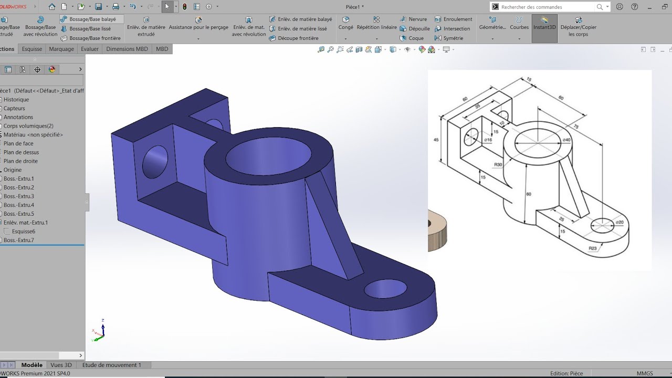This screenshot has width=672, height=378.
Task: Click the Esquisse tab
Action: click(x=32, y=49)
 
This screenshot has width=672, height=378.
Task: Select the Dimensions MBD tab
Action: click(x=127, y=49)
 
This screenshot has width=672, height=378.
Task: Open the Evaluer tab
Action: click(x=90, y=49)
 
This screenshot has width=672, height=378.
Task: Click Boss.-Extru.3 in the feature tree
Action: click(x=19, y=196)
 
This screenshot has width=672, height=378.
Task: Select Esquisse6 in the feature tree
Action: click(x=24, y=232)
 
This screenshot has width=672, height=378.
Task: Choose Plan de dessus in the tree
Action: click(x=21, y=152)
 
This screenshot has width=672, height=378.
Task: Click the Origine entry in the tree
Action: click(x=13, y=170)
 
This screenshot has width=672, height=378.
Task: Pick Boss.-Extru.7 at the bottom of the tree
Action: click(x=19, y=240)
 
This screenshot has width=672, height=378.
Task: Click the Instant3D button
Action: click(x=544, y=27)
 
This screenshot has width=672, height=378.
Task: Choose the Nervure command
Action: click(x=418, y=19)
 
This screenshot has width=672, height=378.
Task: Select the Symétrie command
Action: click(x=453, y=38)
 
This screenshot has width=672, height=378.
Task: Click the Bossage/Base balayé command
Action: click(x=92, y=19)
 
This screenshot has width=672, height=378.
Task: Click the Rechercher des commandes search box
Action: click(x=546, y=7)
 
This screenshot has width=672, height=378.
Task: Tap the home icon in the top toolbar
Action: click(x=51, y=7)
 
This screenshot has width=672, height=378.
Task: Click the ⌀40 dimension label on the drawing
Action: click(x=566, y=140)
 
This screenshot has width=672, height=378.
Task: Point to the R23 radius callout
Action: click(x=593, y=248)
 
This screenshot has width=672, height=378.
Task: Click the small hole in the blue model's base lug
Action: click(x=385, y=289)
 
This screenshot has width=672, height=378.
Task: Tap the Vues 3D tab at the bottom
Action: click(x=61, y=365)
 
